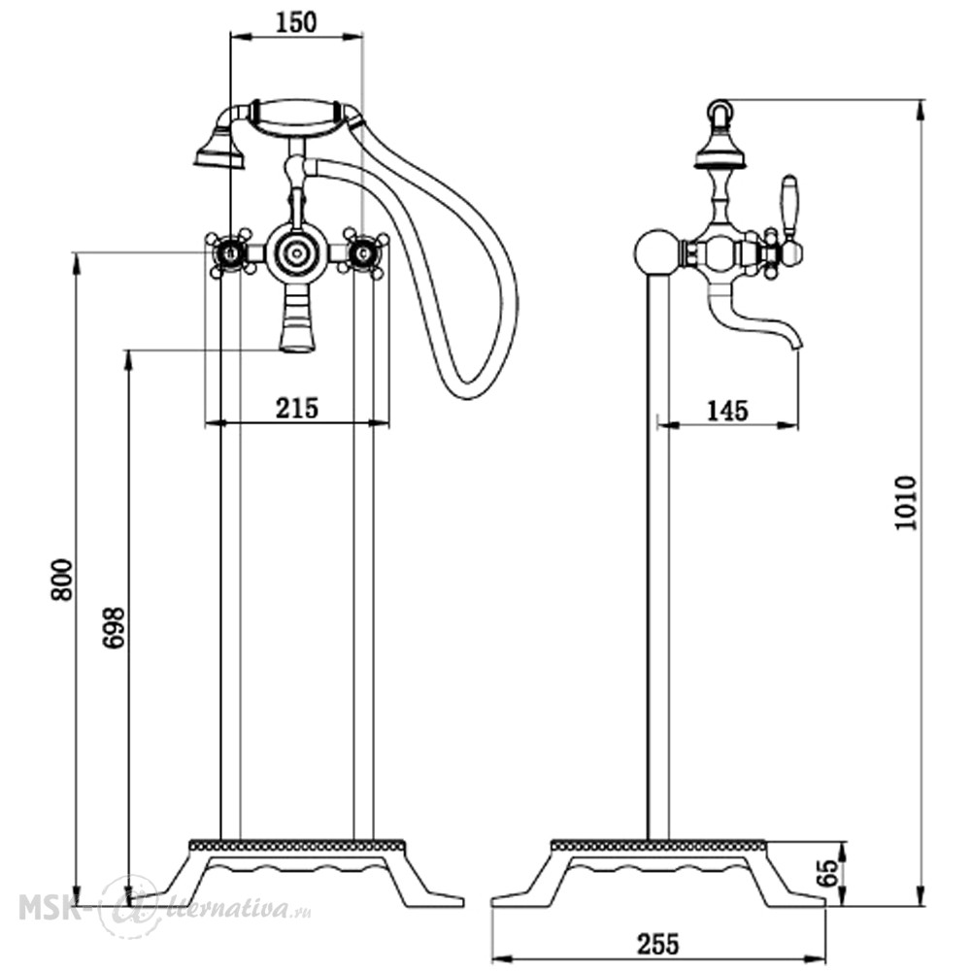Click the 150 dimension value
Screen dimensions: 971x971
(x=295, y=22)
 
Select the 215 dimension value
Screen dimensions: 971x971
(x=297, y=408)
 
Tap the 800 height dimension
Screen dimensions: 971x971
(x=62, y=581)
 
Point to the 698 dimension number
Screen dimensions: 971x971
(x=114, y=628)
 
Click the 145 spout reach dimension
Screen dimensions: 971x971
(x=727, y=411)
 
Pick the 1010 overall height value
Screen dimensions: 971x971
(x=905, y=503)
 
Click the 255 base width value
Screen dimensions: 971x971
(x=658, y=945)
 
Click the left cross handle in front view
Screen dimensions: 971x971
(x=230, y=252)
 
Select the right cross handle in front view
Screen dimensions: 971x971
(x=364, y=252)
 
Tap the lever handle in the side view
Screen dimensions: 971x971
(x=789, y=211)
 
